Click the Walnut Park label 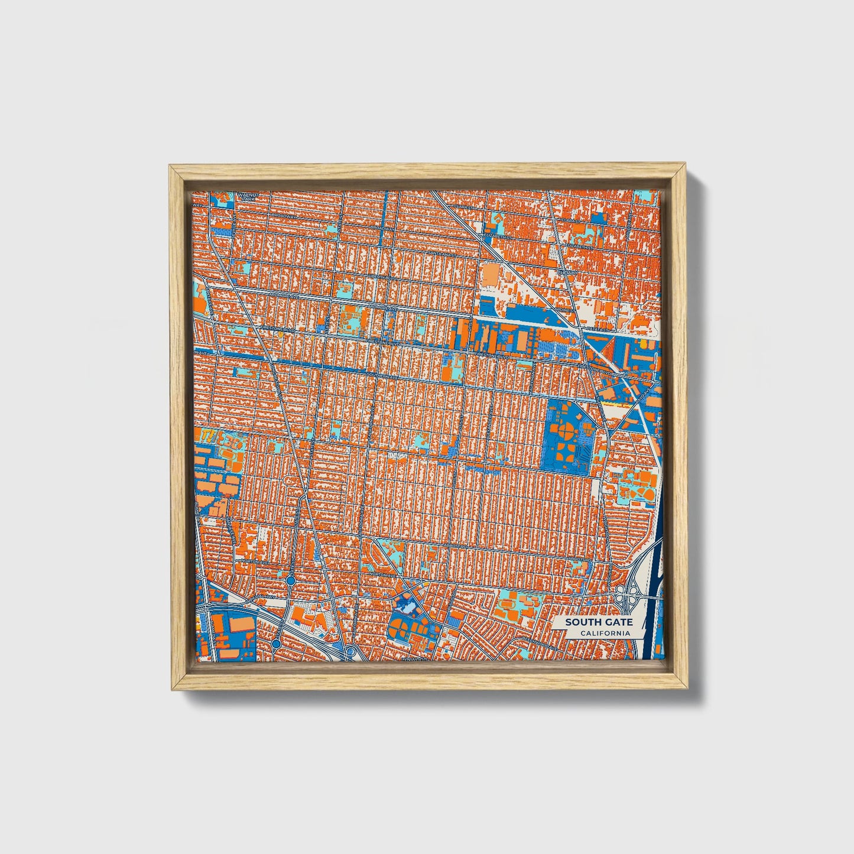click(244, 197)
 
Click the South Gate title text click(598, 622)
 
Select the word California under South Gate click(604, 633)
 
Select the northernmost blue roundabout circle click(291, 582)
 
